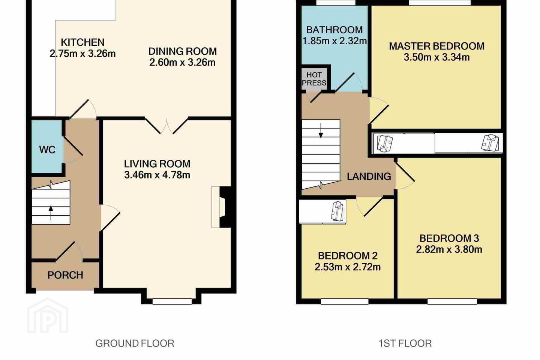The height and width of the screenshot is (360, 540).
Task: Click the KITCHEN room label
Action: pos(82,42)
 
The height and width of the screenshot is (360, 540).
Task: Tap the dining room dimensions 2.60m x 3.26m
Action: pos(182,63)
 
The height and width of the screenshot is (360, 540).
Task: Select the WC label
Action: pos(47,150)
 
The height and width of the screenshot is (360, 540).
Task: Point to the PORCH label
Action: pos(65,275)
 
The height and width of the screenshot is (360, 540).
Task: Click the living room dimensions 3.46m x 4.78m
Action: pos(157,175)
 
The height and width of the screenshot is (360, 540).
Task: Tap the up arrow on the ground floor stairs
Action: pos(51,213)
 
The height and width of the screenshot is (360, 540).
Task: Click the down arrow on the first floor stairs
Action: pos(321,131)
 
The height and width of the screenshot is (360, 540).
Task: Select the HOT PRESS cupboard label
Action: pos(314,79)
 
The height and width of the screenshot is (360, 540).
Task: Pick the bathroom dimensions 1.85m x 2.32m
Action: pos(334,41)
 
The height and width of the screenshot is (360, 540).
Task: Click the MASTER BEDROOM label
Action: pos(437,46)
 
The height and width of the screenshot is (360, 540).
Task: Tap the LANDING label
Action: pos(369,177)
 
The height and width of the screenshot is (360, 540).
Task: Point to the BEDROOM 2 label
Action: pos(348,256)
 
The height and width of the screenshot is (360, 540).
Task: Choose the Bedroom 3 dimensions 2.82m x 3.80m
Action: pos(449,249)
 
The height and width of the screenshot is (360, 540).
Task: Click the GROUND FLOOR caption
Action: pos(135,343)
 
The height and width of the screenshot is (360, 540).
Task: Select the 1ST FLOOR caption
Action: pos(405,343)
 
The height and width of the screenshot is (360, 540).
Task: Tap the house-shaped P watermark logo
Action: pos(48,315)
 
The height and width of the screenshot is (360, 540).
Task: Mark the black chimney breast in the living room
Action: pos(226,208)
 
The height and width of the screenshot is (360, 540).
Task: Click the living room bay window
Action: pos(172,301)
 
